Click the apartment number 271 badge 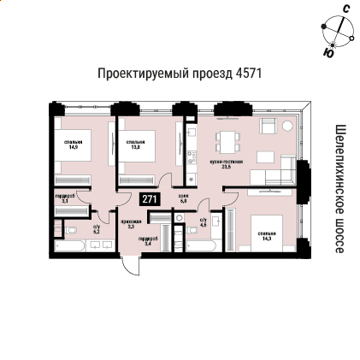150,199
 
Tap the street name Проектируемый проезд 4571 180,74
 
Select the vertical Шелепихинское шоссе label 339,188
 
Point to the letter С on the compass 345,9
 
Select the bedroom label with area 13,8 135,145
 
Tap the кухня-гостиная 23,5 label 226,163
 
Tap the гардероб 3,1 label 65,197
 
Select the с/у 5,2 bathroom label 97,230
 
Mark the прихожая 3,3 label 130,225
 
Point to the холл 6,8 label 183,198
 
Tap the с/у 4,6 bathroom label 203,222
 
